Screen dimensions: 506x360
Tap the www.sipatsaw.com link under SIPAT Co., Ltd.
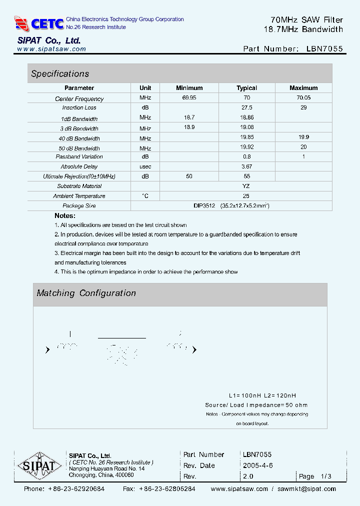tap(51, 49)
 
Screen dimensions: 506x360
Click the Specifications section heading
tap(60, 74)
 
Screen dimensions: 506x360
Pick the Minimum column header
tap(189, 88)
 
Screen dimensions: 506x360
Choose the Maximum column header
tap(303, 88)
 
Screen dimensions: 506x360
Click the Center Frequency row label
tap(79, 99)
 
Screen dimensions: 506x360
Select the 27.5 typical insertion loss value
tap(246, 107)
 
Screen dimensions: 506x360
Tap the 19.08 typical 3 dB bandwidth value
tap(246, 127)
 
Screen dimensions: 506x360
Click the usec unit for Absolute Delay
tap(145, 166)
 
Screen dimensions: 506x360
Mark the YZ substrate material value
tap(246, 186)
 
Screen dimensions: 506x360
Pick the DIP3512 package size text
tap(204, 205)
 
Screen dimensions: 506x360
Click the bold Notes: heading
tap(65, 215)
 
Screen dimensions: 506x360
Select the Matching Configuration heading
tap(86, 293)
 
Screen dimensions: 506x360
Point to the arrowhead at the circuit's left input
tap(47, 350)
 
